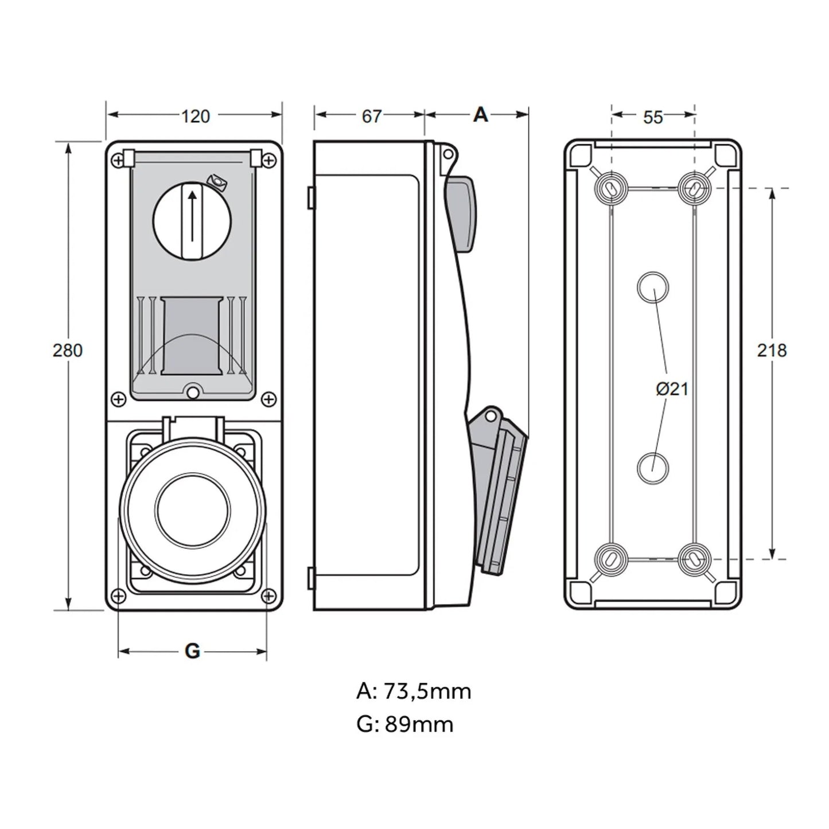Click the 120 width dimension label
[196, 116]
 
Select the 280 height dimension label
[68, 350]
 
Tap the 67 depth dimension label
[371, 116]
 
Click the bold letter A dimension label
[480, 115]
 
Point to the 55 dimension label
[653, 117]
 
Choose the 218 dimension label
[772, 350]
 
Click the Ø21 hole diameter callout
[672, 389]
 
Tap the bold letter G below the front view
[192, 651]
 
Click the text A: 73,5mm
[414, 691]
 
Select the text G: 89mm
[404, 725]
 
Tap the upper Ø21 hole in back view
[653, 287]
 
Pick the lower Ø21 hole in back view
[653, 467]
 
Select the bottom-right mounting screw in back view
[694, 558]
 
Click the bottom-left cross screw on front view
[119, 596]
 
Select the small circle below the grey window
[192, 392]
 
